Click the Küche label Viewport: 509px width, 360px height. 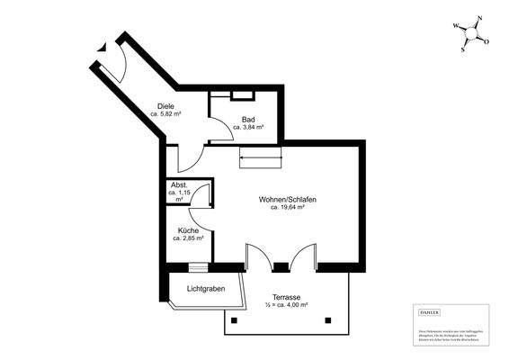188,231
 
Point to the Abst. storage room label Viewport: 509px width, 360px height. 180,184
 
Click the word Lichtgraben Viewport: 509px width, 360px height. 206,290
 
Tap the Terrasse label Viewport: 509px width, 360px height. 286,296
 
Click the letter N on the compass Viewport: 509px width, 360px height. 481,18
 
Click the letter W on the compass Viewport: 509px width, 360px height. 455,25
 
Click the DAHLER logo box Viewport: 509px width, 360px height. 430,310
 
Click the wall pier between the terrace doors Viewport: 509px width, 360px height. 281,265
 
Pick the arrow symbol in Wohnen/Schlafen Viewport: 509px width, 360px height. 261,160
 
